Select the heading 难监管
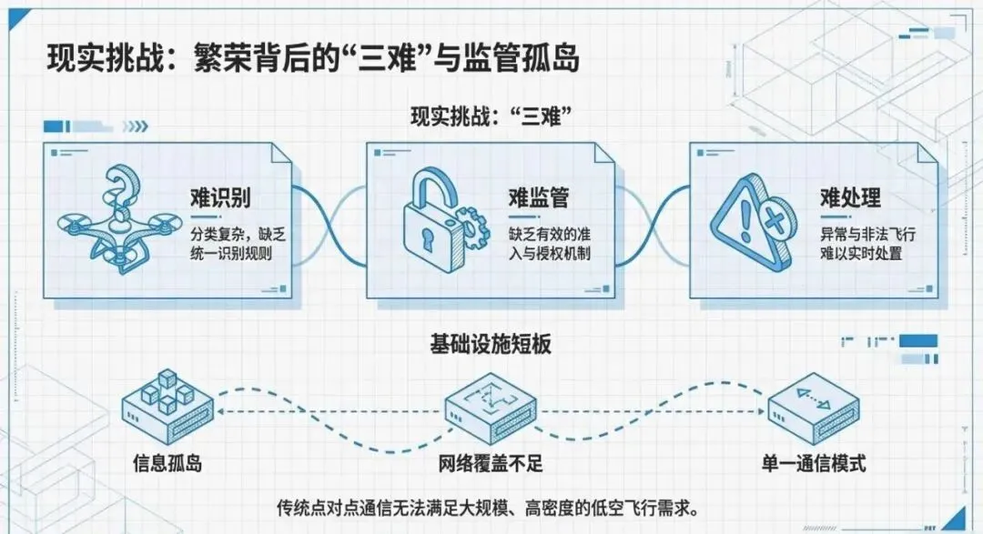538,197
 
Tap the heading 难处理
849,197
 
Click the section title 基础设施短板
491,344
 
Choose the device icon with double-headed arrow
814,408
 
